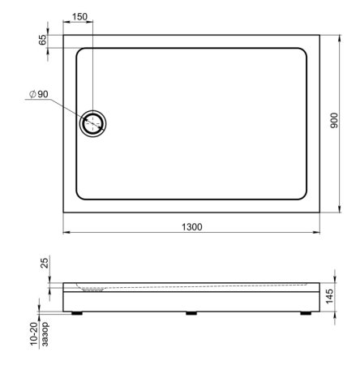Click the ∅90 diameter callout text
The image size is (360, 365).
click(x=38, y=95)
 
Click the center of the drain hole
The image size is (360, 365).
click(x=93, y=123)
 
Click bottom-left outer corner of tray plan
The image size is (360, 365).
click(x=63, y=213)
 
